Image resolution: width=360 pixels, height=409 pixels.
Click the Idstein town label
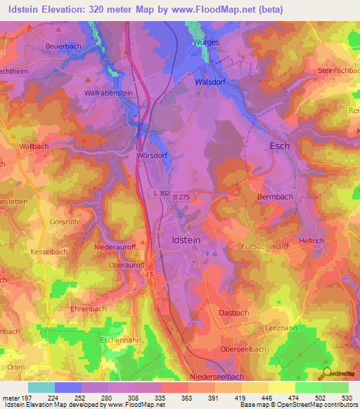(x=186, y=240)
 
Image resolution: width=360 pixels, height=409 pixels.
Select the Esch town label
(x=280, y=146)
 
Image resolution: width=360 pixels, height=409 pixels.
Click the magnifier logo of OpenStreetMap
(x=326, y=372)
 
